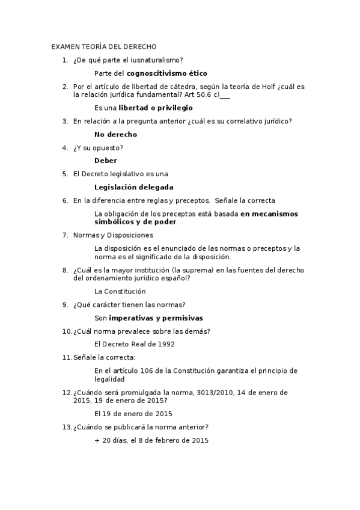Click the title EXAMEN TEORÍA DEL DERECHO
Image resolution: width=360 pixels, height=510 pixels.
(104, 46)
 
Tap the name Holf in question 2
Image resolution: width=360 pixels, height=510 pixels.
(269, 87)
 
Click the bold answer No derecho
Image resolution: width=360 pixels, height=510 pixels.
(115, 135)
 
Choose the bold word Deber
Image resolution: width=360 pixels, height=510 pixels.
(106, 161)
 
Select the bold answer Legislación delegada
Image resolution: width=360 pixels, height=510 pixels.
(133, 187)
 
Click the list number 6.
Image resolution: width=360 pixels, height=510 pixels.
(64, 200)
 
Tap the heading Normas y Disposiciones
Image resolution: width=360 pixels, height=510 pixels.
(113, 235)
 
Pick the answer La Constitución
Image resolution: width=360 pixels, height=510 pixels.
(120, 291)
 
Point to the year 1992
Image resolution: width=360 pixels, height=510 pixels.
(166, 344)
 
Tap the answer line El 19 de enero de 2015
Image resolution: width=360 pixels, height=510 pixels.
(133, 414)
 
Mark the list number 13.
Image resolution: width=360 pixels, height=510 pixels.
(66, 427)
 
